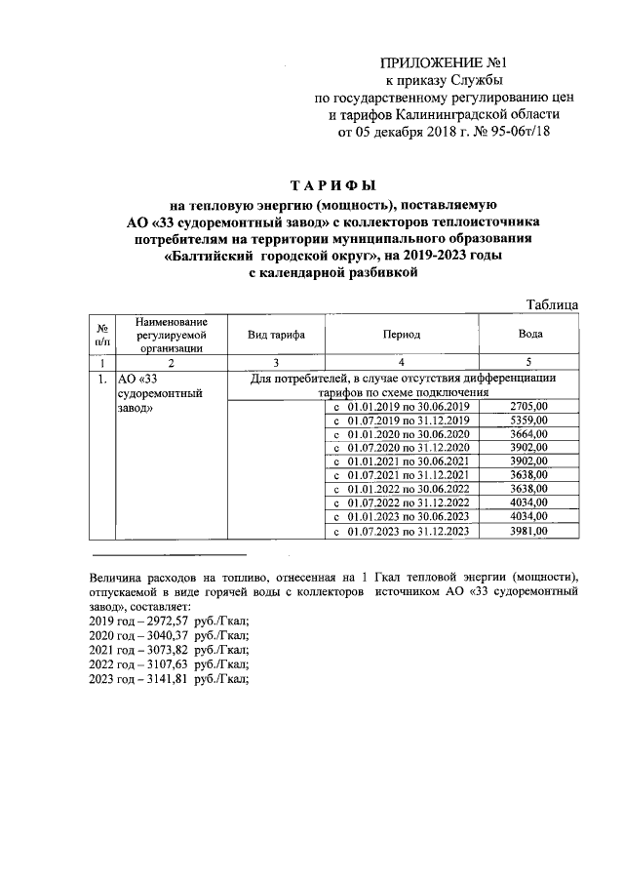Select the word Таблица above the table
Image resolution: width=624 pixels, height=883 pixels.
click(552, 304)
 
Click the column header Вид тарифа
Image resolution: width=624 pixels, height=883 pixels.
click(276, 335)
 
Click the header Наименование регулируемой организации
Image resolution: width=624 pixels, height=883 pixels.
click(171, 334)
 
